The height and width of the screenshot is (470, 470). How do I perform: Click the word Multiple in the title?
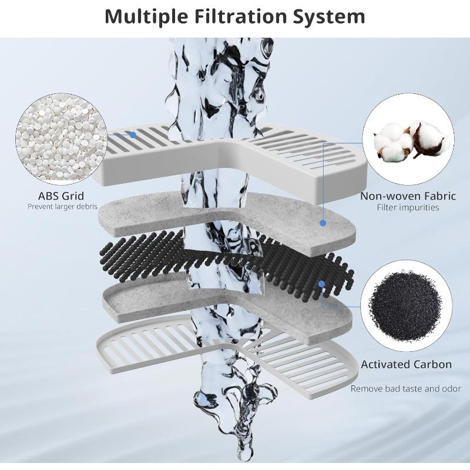146,17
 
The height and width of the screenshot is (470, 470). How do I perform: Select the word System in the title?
329,18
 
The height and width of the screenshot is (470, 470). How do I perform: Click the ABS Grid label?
61,196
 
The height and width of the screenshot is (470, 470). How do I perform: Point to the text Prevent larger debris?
63,207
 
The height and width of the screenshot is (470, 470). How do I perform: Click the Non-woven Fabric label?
408,196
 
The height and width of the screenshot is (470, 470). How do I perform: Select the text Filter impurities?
408,207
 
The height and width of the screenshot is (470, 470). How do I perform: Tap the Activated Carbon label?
406,364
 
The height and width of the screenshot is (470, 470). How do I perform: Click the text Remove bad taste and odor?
406,389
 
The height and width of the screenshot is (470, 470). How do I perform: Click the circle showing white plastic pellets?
62,139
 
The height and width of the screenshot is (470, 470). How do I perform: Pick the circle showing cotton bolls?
408,139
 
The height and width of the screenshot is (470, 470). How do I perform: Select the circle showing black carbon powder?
406,305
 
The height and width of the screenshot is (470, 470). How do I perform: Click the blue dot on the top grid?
133,135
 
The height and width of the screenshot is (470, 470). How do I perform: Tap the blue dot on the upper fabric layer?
323,223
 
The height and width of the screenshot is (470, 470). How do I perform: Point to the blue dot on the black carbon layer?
322,284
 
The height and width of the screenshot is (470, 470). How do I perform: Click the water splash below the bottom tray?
236,419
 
